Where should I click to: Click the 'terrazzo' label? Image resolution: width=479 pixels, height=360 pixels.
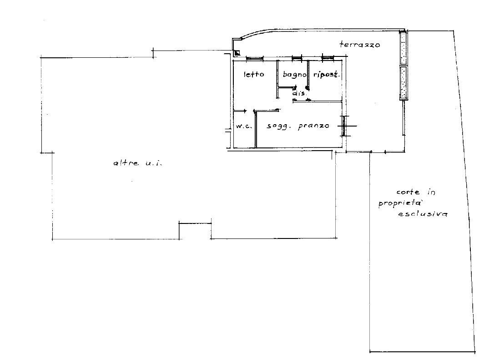(x=359, y=45)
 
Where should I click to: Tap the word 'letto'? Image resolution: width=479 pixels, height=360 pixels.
(x=254, y=74)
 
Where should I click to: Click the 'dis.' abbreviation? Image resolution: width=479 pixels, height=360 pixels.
(x=300, y=94)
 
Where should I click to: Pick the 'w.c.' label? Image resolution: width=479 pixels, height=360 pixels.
(x=244, y=127)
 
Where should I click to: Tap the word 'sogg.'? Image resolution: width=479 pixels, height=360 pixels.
(x=278, y=127)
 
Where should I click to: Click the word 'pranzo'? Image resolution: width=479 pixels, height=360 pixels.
(x=313, y=126)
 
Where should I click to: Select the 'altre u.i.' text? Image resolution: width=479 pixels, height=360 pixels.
(x=138, y=163)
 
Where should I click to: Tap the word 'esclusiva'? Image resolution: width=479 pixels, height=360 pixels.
(x=423, y=214)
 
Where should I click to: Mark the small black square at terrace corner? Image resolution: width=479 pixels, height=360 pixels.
(x=237, y=53)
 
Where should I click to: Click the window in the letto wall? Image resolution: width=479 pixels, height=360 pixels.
(x=255, y=58)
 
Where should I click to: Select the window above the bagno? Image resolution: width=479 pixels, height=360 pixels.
(x=297, y=58)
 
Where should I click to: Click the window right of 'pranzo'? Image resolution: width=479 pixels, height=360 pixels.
(x=344, y=126)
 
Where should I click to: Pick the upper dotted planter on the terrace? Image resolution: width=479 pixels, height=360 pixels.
(x=403, y=48)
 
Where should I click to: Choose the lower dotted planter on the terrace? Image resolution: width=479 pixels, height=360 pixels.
(x=403, y=83)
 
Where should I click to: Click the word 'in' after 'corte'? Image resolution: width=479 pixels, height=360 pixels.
(x=431, y=192)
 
